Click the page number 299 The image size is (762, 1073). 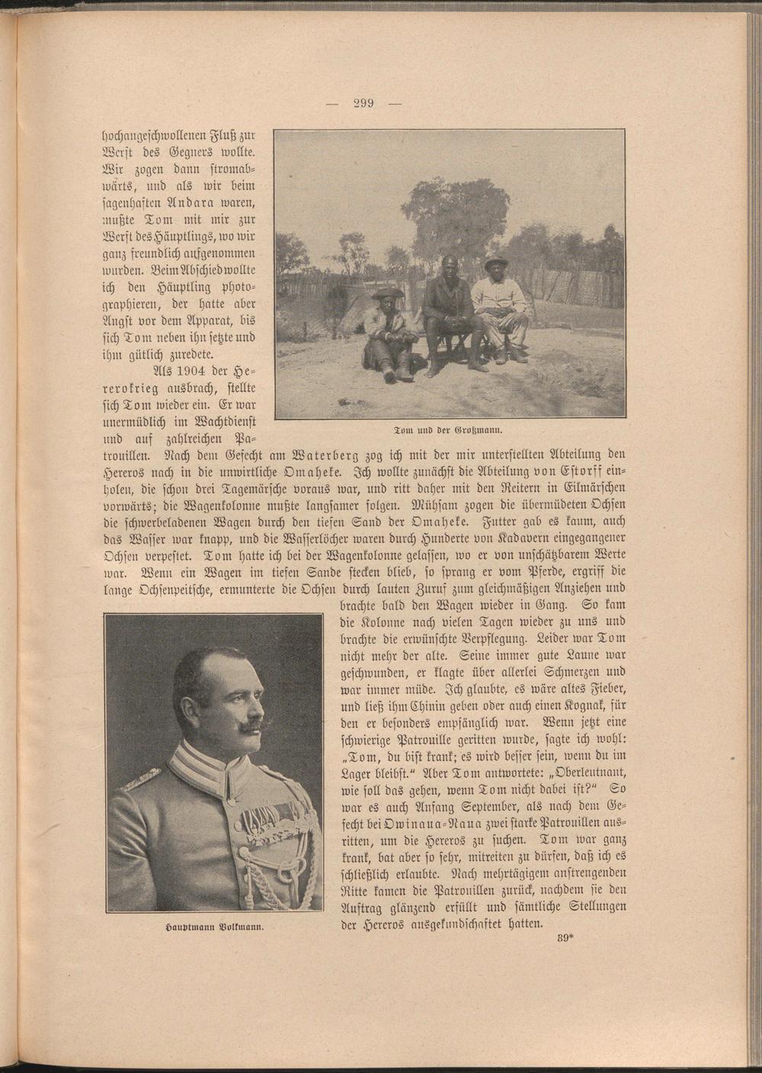(x=363, y=104)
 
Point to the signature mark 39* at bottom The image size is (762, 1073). (x=565, y=938)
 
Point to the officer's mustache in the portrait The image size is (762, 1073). (x=250, y=727)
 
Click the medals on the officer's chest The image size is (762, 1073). (x=267, y=826)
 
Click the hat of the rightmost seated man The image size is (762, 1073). (x=495, y=262)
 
